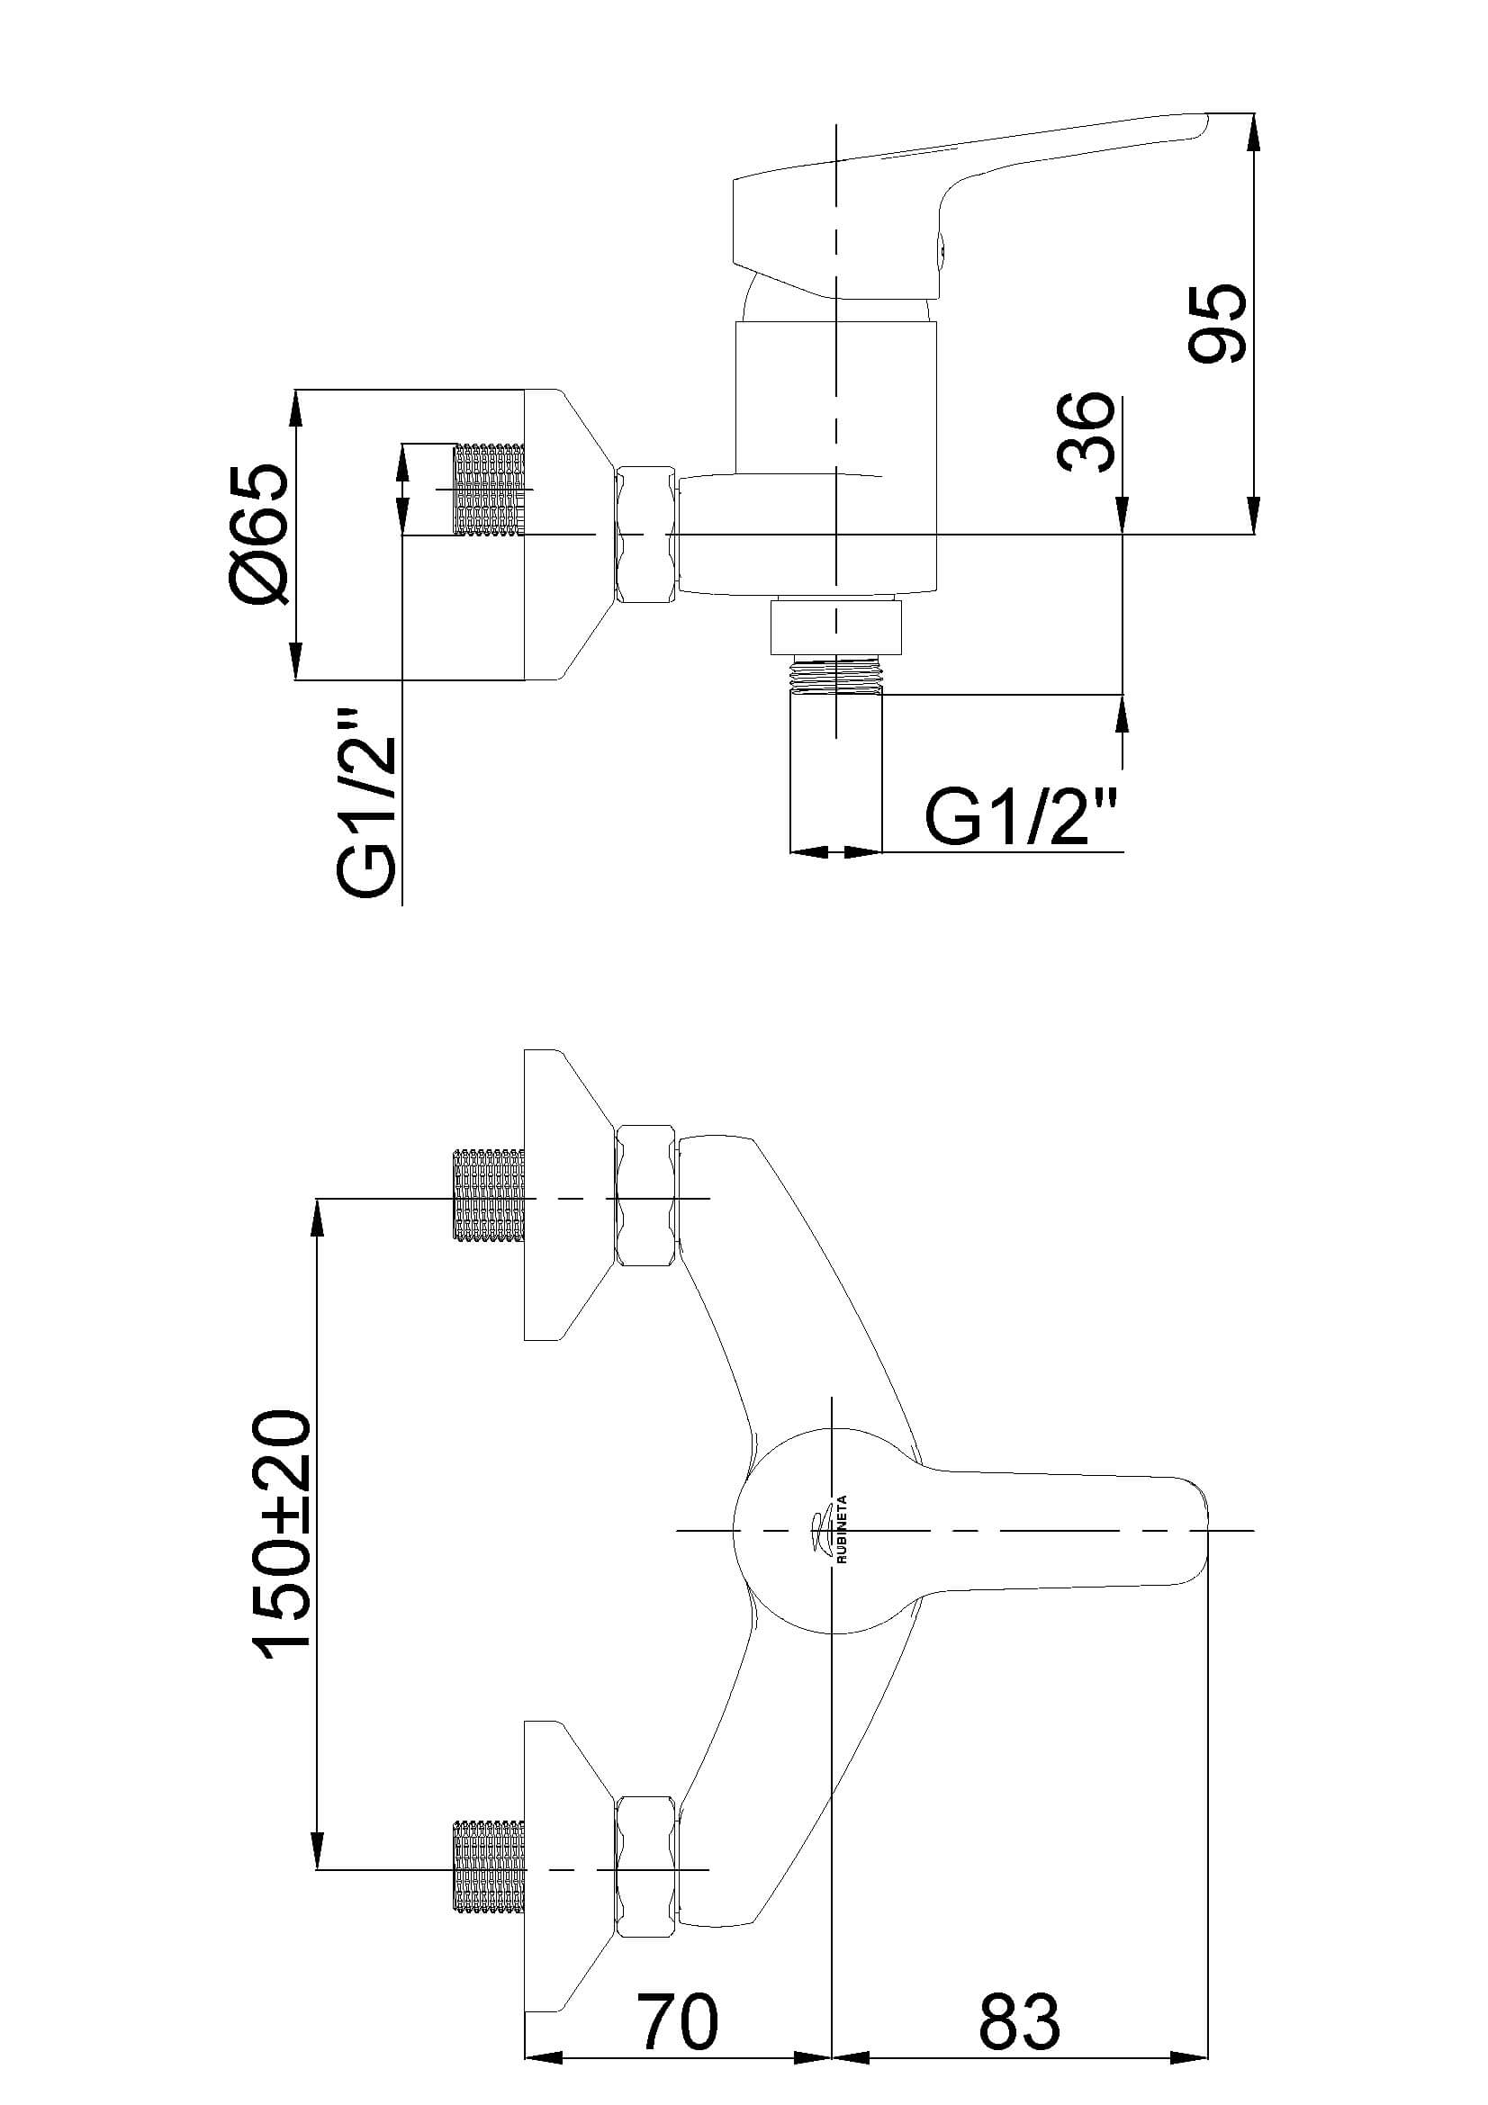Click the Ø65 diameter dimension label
click(x=261, y=535)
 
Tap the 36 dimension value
click(x=1087, y=432)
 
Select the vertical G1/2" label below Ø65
click(x=366, y=803)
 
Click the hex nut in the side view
click(x=647, y=535)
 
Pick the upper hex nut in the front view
click(x=647, y=1197)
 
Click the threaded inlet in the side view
click(x=491, y=490)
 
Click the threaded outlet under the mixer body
click(x=836, y=676)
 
